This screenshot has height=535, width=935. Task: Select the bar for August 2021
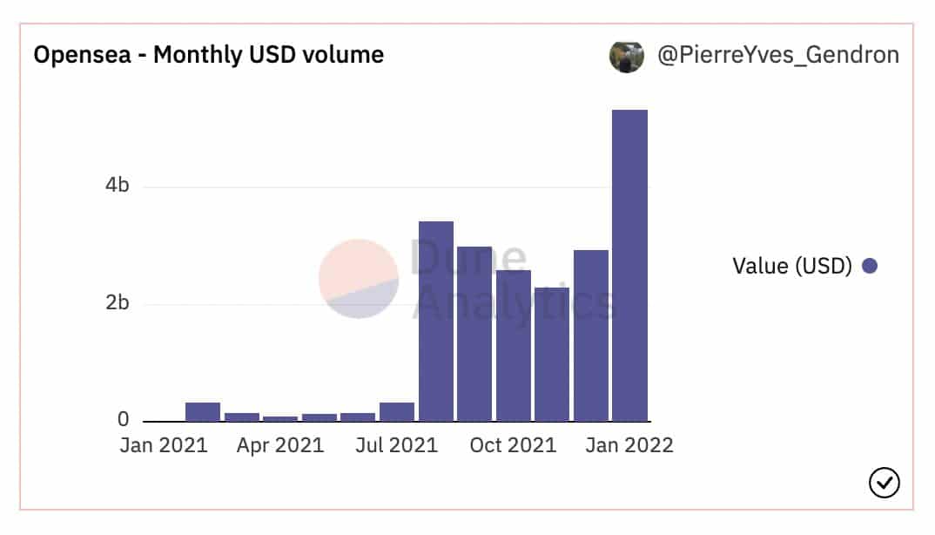435,322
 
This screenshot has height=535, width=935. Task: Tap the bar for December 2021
590,335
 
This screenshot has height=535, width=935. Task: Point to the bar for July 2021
397,412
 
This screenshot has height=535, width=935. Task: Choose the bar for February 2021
203,412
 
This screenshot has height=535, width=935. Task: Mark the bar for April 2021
280,418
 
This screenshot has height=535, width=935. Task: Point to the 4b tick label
118,186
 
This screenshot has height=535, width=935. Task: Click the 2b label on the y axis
118,303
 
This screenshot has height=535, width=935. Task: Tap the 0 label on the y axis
124,421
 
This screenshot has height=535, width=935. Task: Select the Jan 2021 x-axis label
164,445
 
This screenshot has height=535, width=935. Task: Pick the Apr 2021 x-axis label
280,445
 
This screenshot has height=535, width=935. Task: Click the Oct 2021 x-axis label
513,445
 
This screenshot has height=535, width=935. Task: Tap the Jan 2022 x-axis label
629,445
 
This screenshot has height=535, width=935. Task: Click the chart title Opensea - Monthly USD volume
208,55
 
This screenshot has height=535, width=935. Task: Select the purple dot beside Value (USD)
869,266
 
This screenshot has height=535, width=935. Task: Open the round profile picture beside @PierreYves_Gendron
627,56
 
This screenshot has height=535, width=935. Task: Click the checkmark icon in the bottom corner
884,482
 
